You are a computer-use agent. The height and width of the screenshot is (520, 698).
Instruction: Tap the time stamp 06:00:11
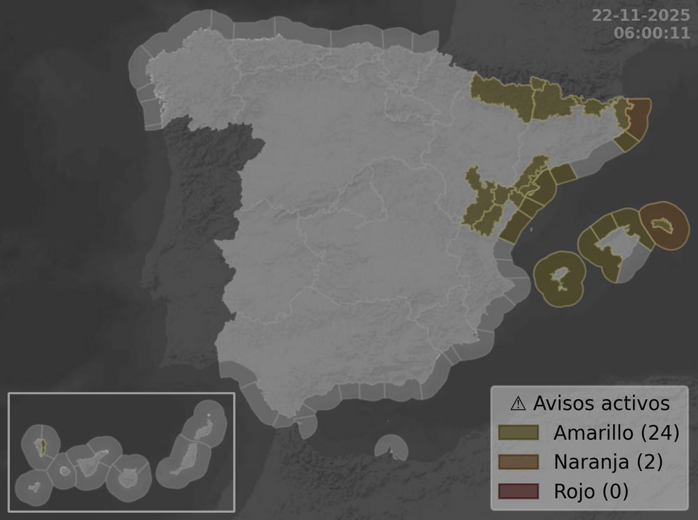click(649, 33)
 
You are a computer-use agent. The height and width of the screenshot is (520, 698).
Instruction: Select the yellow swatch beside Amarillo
click(519, 433)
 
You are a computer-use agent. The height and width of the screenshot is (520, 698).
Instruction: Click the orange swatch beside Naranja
click(519, 462)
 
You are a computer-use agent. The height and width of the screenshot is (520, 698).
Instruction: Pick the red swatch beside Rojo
click(519, 491)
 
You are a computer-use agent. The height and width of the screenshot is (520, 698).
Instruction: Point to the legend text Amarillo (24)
click(616, 433)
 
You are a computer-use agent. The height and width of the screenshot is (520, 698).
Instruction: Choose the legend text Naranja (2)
click(607, 462)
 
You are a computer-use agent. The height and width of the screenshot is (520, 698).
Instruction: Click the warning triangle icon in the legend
click(518, 403)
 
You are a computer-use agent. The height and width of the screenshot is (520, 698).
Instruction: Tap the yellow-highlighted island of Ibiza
click(560, 276)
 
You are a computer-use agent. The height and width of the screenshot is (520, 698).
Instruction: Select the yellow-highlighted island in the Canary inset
click(41, 445)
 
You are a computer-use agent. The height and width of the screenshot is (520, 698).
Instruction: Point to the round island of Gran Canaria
click(128, 479)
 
